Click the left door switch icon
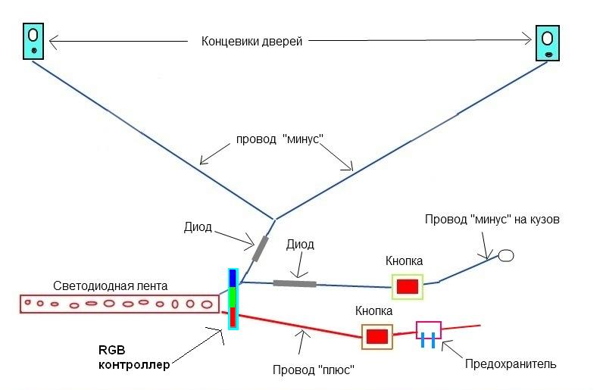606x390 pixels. coord(34,42)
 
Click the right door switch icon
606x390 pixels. coord(548,43)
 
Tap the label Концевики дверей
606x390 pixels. coord(252,42)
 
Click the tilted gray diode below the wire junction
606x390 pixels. coord(261,248)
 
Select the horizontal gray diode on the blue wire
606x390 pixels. coord(295,283)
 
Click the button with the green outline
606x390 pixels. coord(408,286)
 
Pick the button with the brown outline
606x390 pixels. coord(376,336)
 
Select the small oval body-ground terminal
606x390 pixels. coord(505,256)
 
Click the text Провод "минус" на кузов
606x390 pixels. coord(492,220)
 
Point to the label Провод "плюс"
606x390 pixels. coord(314,371)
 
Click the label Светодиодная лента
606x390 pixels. coord(111,286)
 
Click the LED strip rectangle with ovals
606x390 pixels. coord(117,304)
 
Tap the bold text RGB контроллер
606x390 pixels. coord(133,357)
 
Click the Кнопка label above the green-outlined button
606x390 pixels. coord(404,261)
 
